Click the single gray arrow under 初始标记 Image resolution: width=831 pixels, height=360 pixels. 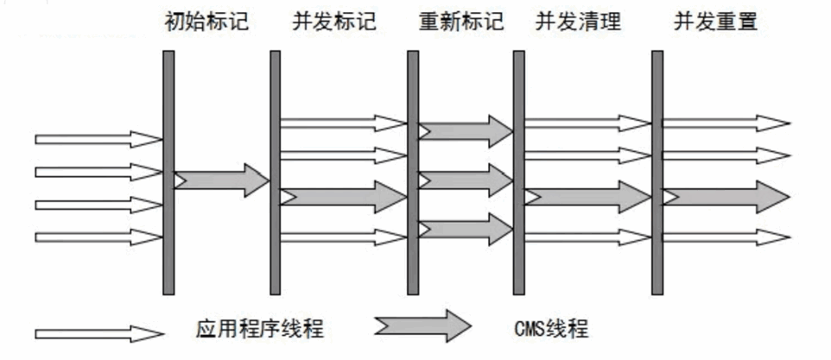[222, 180]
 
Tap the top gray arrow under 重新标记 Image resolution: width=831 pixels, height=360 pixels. [466, 130]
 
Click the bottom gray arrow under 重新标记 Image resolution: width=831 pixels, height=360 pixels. [466, 230]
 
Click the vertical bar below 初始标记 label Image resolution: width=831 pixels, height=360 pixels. [168, 173]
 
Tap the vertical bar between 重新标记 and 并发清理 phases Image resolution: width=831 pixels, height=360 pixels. [519, 173]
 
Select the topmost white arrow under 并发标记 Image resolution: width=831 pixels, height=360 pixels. [343, 123]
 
